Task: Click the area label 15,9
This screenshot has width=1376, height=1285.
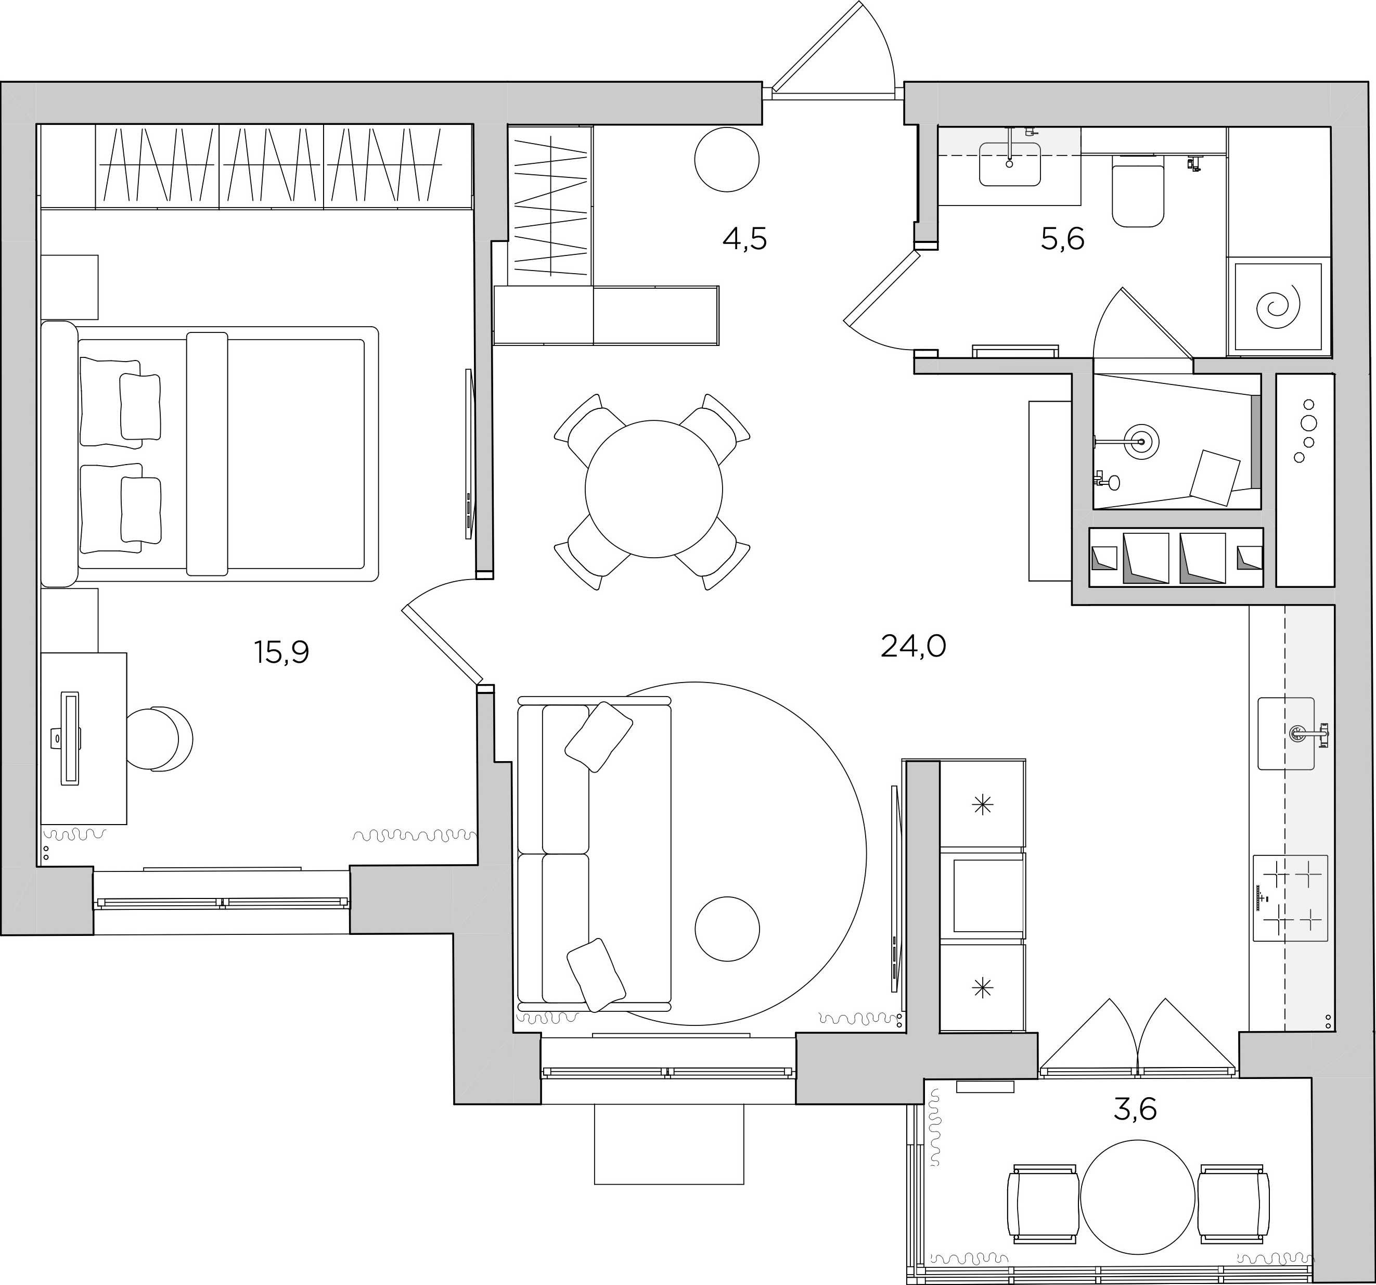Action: click(282, 652)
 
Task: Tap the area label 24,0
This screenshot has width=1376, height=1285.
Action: click(913, 647)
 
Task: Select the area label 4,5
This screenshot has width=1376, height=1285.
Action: click(745, 239)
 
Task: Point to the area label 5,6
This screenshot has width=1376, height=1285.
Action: click(1062, 239)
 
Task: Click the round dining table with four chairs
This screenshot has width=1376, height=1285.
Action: click(653, 489)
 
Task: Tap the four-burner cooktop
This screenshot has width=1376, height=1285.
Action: click(1290, 898)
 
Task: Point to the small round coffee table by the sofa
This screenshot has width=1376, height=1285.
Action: click(727, 929)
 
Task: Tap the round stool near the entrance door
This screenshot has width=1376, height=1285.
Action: click(727, 159)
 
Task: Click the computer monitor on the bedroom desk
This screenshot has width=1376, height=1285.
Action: click(70, 738)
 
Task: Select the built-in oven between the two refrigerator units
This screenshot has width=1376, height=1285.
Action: click(983, 896)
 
